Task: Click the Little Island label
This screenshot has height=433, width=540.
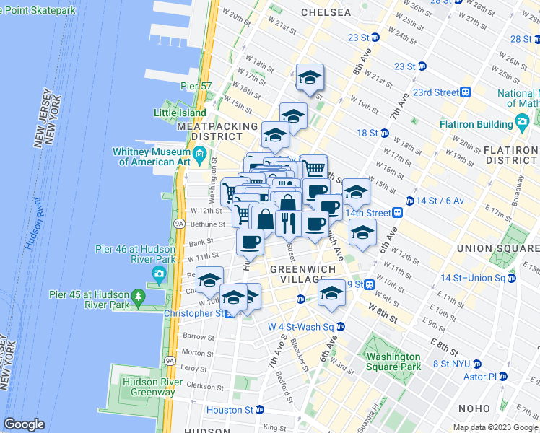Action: tap(179, 113)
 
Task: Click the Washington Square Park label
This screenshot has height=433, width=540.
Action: tap(393, 362)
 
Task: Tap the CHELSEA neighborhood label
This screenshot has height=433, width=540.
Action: tap(326, 12)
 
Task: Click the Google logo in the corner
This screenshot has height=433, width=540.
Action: tap(24, 424)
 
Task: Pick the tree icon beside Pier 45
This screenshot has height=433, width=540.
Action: tap(137, 297)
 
